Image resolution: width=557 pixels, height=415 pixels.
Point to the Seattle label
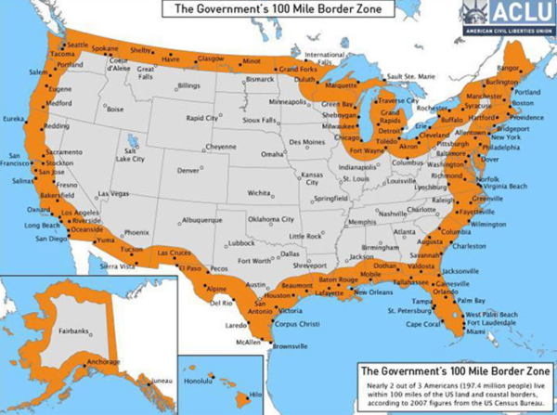(x=78, y=45)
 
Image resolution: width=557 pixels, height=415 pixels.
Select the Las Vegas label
(x=114, y=193)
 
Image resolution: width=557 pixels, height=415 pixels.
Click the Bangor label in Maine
(x=508, y=69)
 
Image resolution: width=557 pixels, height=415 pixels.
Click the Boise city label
(x=116, y=109)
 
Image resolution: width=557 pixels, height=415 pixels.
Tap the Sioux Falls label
(x=258, y=120)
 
